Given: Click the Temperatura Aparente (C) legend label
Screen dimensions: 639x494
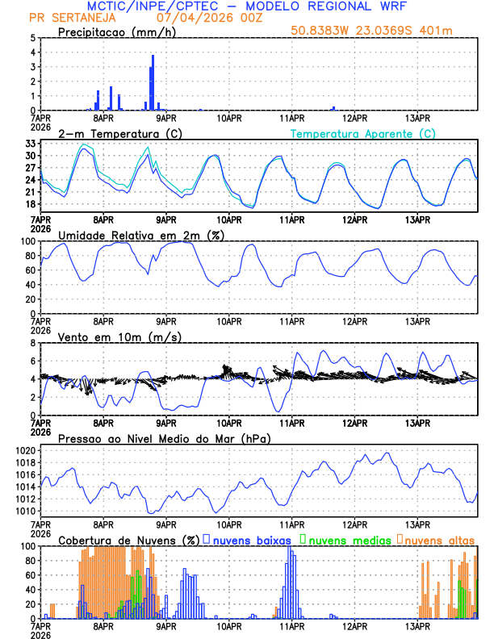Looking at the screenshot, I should pyautogui.click(x=362, y=133).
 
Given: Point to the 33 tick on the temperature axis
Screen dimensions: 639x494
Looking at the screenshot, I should pyautogui.click(x=30, y=144).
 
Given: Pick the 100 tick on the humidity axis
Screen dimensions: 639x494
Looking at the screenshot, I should pyautogui.click(x=27, y=241).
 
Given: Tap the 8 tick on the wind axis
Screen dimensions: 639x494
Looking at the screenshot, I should pyautogui.click(x=32, y=343).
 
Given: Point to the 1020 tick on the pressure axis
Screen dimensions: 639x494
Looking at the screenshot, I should pyautogui.click(x=25, y=450).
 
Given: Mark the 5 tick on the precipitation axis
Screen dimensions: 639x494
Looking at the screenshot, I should pyautogui.click(x=32, y=38).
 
